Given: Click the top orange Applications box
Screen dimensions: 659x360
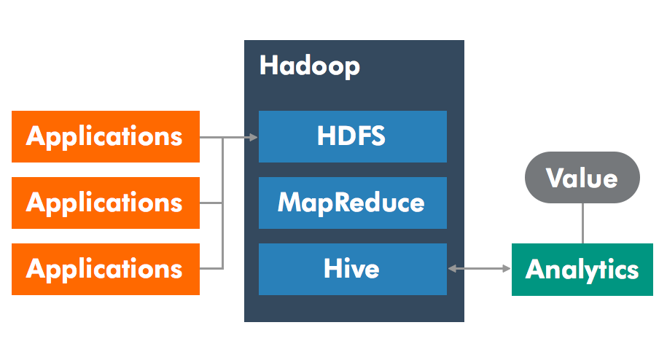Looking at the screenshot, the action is [106, 136].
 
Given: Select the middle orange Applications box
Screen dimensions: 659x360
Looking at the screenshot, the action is [106, 203].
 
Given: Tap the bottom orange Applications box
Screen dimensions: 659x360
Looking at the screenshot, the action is [106, 269].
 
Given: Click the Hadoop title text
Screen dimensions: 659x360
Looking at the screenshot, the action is [310, 66].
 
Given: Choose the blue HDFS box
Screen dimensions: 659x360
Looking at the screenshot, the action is [353, 136].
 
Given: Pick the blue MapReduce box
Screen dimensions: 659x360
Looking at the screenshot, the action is [353, 203].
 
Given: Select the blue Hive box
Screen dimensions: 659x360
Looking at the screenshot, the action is [353, 269].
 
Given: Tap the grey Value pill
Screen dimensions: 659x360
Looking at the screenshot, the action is [582, 177].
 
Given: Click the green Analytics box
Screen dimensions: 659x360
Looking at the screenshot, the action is [582, 270].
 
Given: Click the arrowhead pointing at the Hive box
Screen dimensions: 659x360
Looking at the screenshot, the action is [452, 268].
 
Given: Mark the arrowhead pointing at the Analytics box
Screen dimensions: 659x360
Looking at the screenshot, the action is [507, 268].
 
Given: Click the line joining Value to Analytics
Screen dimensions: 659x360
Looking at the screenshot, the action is [582, 224].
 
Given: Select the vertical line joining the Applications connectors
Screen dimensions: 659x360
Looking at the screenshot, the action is [223, 203].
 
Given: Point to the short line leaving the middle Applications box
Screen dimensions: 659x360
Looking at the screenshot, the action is [211, 203].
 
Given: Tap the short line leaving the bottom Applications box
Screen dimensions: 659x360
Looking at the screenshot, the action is [211, 268].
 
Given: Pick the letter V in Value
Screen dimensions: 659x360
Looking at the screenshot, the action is [555, 177].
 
